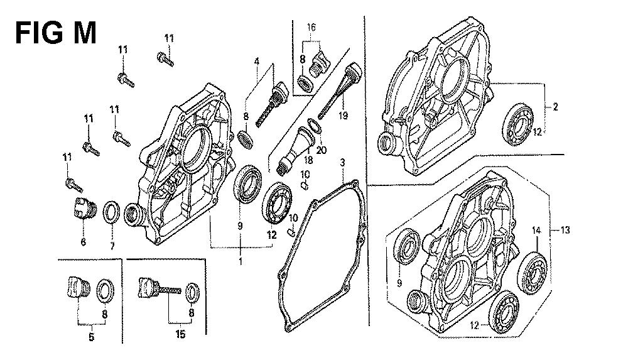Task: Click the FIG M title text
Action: [x=56, y=33]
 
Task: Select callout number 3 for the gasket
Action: [x=342, y=163]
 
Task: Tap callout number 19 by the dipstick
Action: [x=343, y=116]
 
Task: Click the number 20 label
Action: [x=321, y=150]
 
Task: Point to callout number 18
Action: [x=308, y=160]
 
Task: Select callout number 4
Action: [x=256, y=62]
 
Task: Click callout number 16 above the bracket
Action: [x=311, y=27]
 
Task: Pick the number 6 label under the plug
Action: [x=84, y=242]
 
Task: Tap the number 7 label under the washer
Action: [x=112, y=246]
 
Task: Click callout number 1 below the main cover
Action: [x=241, y=261]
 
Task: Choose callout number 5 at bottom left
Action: [x=91, y=337]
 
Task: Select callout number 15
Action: [x=181, y=334]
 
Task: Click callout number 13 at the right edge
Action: [x=565, y=230]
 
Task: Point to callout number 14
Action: [x=536, y=230]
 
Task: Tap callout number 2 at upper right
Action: [x=555, y=107]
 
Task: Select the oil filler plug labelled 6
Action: [x=84, y=209]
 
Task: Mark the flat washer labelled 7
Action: [x=112, y=212]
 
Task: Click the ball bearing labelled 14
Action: [x=532, y=273]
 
